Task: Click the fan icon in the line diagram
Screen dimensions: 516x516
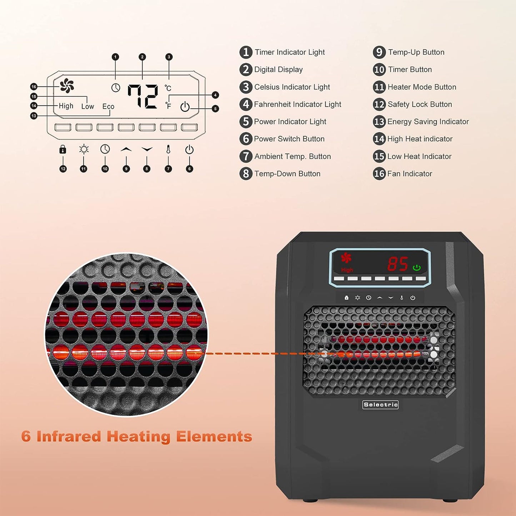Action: click(67, 86)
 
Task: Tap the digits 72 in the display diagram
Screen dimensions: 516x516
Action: click(143, 96)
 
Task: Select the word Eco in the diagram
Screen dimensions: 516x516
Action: click(108, 106)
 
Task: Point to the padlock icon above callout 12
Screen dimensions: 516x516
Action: click(63, 149)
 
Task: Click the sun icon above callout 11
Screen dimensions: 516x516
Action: click(84, 149)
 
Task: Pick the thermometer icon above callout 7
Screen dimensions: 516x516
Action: click(168, 149)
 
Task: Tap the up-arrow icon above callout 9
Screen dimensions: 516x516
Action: click(126, 149)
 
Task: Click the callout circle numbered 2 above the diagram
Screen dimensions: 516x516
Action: click(142, 57)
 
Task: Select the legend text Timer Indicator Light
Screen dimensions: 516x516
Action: click(290, 52)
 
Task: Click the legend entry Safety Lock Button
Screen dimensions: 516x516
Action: click(420, 104)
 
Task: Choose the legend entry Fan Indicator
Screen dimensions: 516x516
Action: click(410, 174)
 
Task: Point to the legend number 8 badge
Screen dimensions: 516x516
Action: click(246, 174)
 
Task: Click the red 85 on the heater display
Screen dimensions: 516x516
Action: click(398, 264)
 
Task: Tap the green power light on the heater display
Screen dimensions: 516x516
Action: click(417, 267)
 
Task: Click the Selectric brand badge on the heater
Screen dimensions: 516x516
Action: click(380, 405)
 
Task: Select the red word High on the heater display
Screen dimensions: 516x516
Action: click(347, 270)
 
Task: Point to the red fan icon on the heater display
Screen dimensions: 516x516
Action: click(346, 258)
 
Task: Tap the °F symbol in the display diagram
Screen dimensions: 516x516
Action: click(168, 105)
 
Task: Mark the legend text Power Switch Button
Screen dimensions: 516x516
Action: click(289, 139)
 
